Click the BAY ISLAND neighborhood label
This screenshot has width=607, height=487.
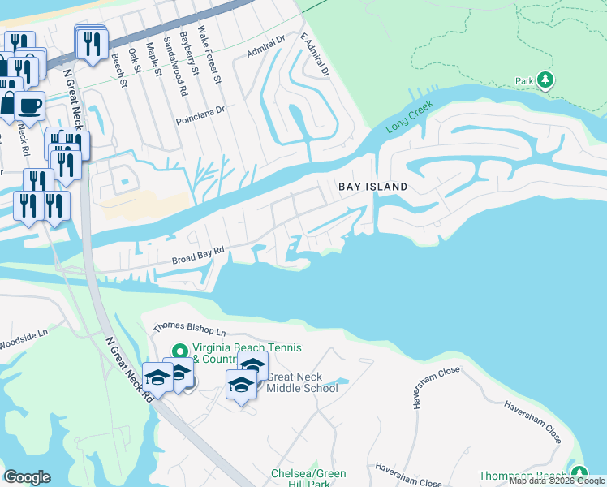(x=372, y=187)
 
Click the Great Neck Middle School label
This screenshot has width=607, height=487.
(x=302, y=382)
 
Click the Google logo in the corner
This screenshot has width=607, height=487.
(x=27, y=477)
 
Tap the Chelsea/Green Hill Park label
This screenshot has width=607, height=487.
(x=308, y=478)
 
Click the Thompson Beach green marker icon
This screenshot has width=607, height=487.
(x=578, y=472)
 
